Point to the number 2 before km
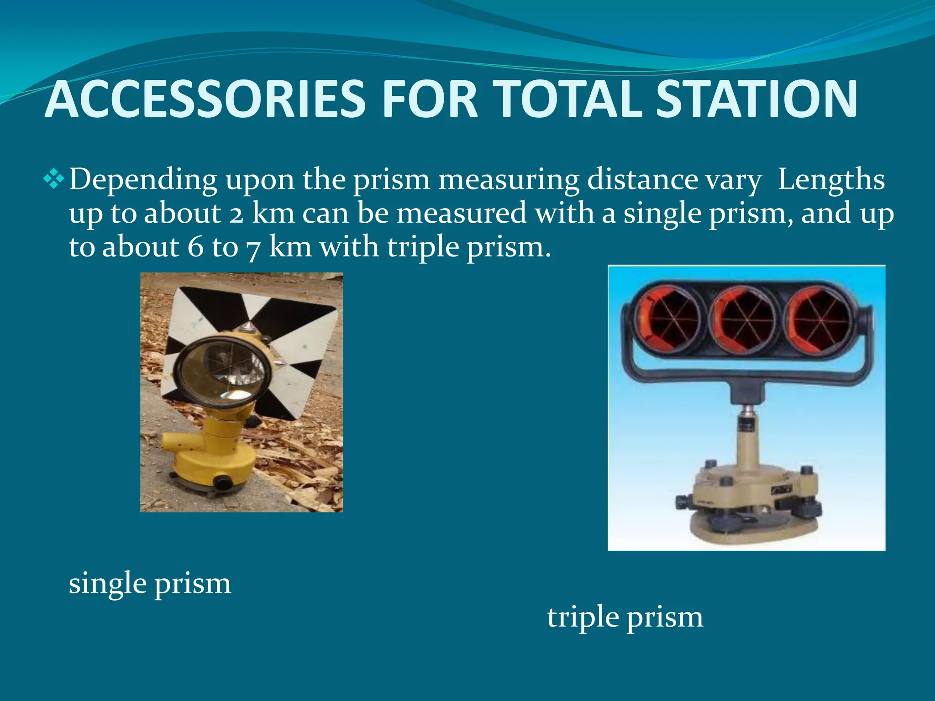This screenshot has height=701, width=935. click(236, 214)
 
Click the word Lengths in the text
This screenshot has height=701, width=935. click(831, 179)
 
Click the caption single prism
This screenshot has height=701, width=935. click(150, 584)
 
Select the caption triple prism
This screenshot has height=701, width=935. click(625, 617)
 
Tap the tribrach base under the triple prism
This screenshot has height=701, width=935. click(749, 502)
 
